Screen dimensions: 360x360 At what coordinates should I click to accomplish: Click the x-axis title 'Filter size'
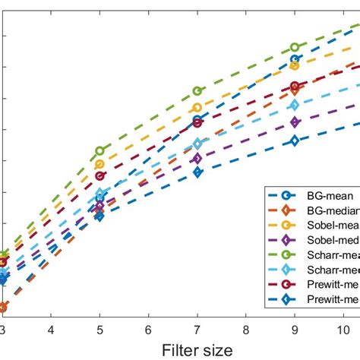coord(197,349)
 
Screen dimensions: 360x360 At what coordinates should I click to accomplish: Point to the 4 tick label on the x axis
coord(51,329)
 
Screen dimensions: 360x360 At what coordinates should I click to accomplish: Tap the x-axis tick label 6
coord(149,329)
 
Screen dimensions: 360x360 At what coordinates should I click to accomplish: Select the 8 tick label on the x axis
coord(246,329)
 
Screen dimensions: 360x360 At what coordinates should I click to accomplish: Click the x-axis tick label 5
coord(99,329)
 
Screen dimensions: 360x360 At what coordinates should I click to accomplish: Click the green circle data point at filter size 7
coord(197,91)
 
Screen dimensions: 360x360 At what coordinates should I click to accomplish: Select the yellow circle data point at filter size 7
coord(197,108)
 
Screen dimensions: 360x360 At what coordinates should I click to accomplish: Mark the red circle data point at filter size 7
coord(197,122)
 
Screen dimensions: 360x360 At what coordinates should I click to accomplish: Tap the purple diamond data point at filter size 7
coord(197,159)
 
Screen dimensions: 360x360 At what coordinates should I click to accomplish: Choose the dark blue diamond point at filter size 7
coord(197,172)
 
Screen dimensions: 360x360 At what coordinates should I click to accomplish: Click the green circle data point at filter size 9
coord(295,47)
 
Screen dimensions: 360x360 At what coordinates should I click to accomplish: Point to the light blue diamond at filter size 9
coord(295,105)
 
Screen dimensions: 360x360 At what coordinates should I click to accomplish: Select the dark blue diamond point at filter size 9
coord(295,141)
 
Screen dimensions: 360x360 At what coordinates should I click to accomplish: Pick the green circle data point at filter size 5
coord(99,151)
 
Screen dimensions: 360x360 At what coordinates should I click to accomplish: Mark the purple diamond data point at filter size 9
coord(295,122)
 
